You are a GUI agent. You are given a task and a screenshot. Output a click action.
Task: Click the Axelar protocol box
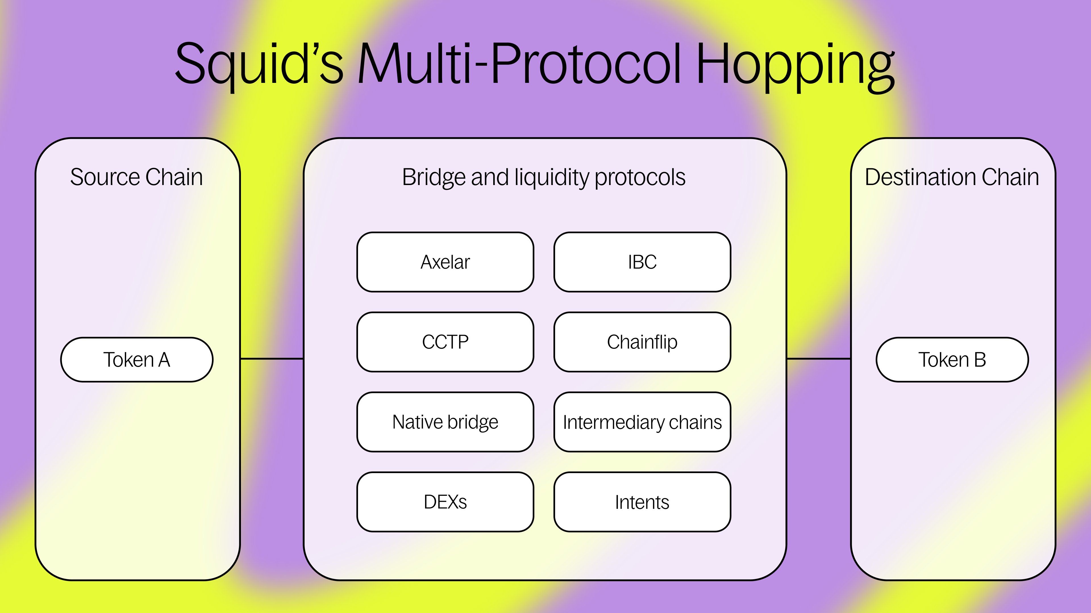[445, 262]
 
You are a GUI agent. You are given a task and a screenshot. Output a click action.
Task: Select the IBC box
[642, 262]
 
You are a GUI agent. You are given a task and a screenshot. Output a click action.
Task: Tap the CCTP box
[445, 342]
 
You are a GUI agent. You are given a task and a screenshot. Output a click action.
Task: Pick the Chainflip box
[642, 342]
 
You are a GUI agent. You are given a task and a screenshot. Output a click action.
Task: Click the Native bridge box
[445, 422]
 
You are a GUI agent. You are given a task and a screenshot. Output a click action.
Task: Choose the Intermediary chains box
[642, 422]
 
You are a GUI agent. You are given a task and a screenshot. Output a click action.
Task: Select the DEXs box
[445, 502]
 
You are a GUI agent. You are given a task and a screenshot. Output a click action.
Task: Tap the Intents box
[642, 502]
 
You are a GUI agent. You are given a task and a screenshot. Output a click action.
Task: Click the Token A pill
[137, 360]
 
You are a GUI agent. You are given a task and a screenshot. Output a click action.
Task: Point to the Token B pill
[952, 360]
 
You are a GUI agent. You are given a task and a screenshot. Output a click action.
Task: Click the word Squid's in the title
[259, 64]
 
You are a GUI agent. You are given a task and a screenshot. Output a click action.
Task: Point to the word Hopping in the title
[796, 64]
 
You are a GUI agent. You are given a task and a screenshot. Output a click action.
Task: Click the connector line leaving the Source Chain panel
[272, 359]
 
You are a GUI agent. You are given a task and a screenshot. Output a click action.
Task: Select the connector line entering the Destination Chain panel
[818, 359]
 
